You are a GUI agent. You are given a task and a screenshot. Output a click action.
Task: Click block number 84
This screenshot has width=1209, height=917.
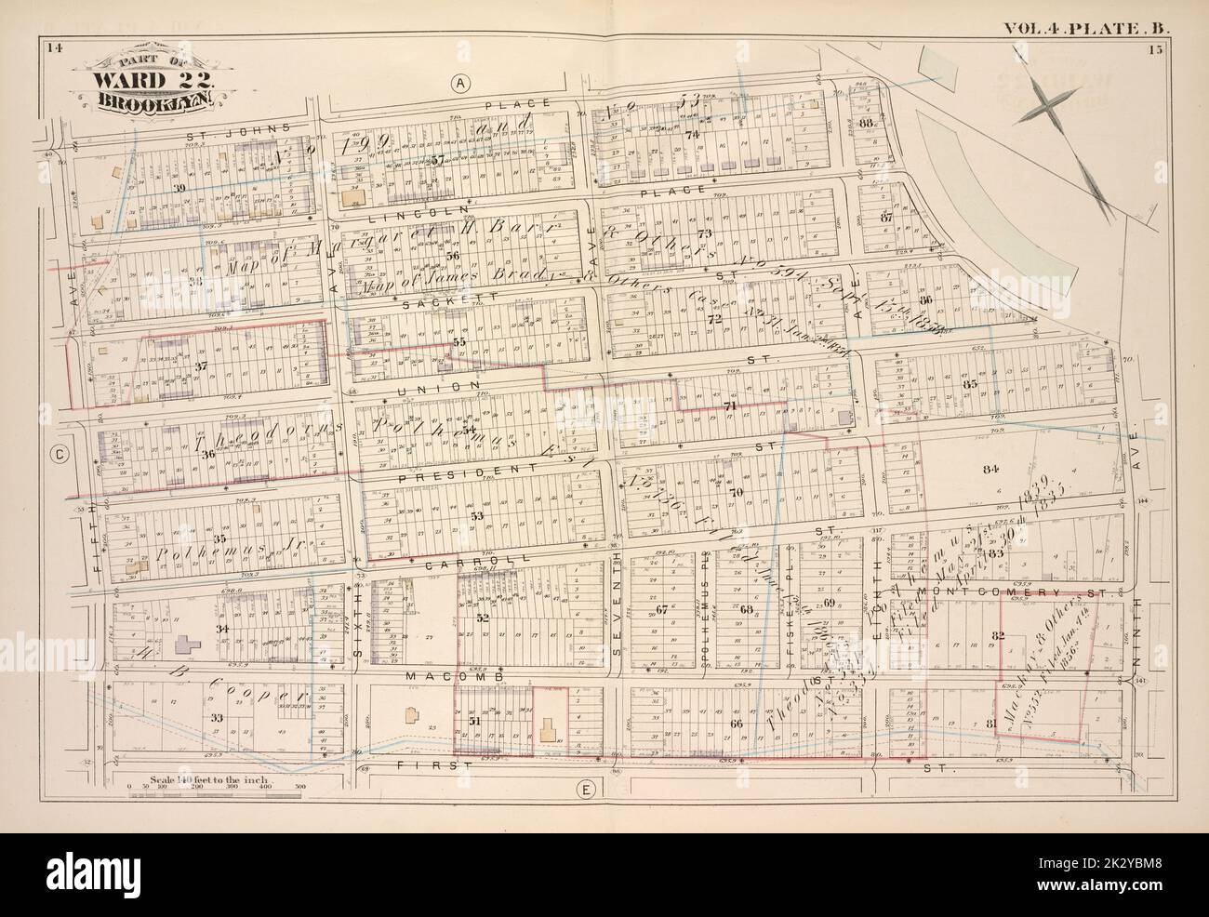click(990, 468)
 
